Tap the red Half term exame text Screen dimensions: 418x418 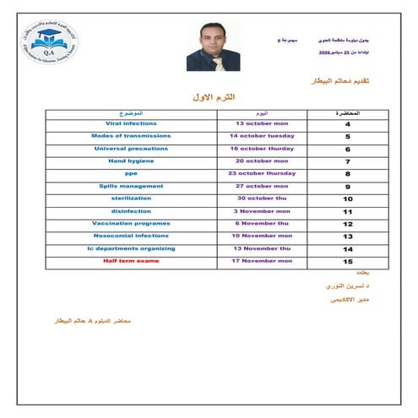[x=131, y=261]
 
